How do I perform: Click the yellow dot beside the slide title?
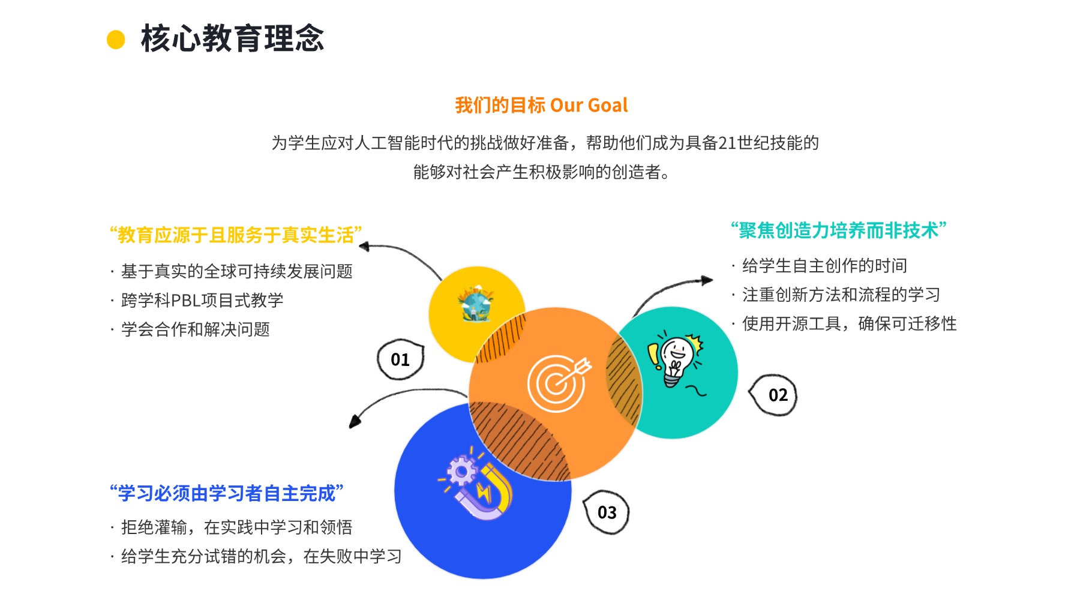[116, 40]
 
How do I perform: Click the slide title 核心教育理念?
[233, 38]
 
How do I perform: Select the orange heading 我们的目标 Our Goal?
[541, 106]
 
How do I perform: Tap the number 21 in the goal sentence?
[727, 143]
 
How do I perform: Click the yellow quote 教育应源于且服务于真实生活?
[236, 235]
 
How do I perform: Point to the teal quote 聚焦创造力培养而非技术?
[838, 230]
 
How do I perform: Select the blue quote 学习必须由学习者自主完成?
[227, 493]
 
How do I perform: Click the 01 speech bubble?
[401, 359]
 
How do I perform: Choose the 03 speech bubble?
[607, 512]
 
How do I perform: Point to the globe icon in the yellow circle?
[475, 302]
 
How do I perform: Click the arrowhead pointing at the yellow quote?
[364, 246]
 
